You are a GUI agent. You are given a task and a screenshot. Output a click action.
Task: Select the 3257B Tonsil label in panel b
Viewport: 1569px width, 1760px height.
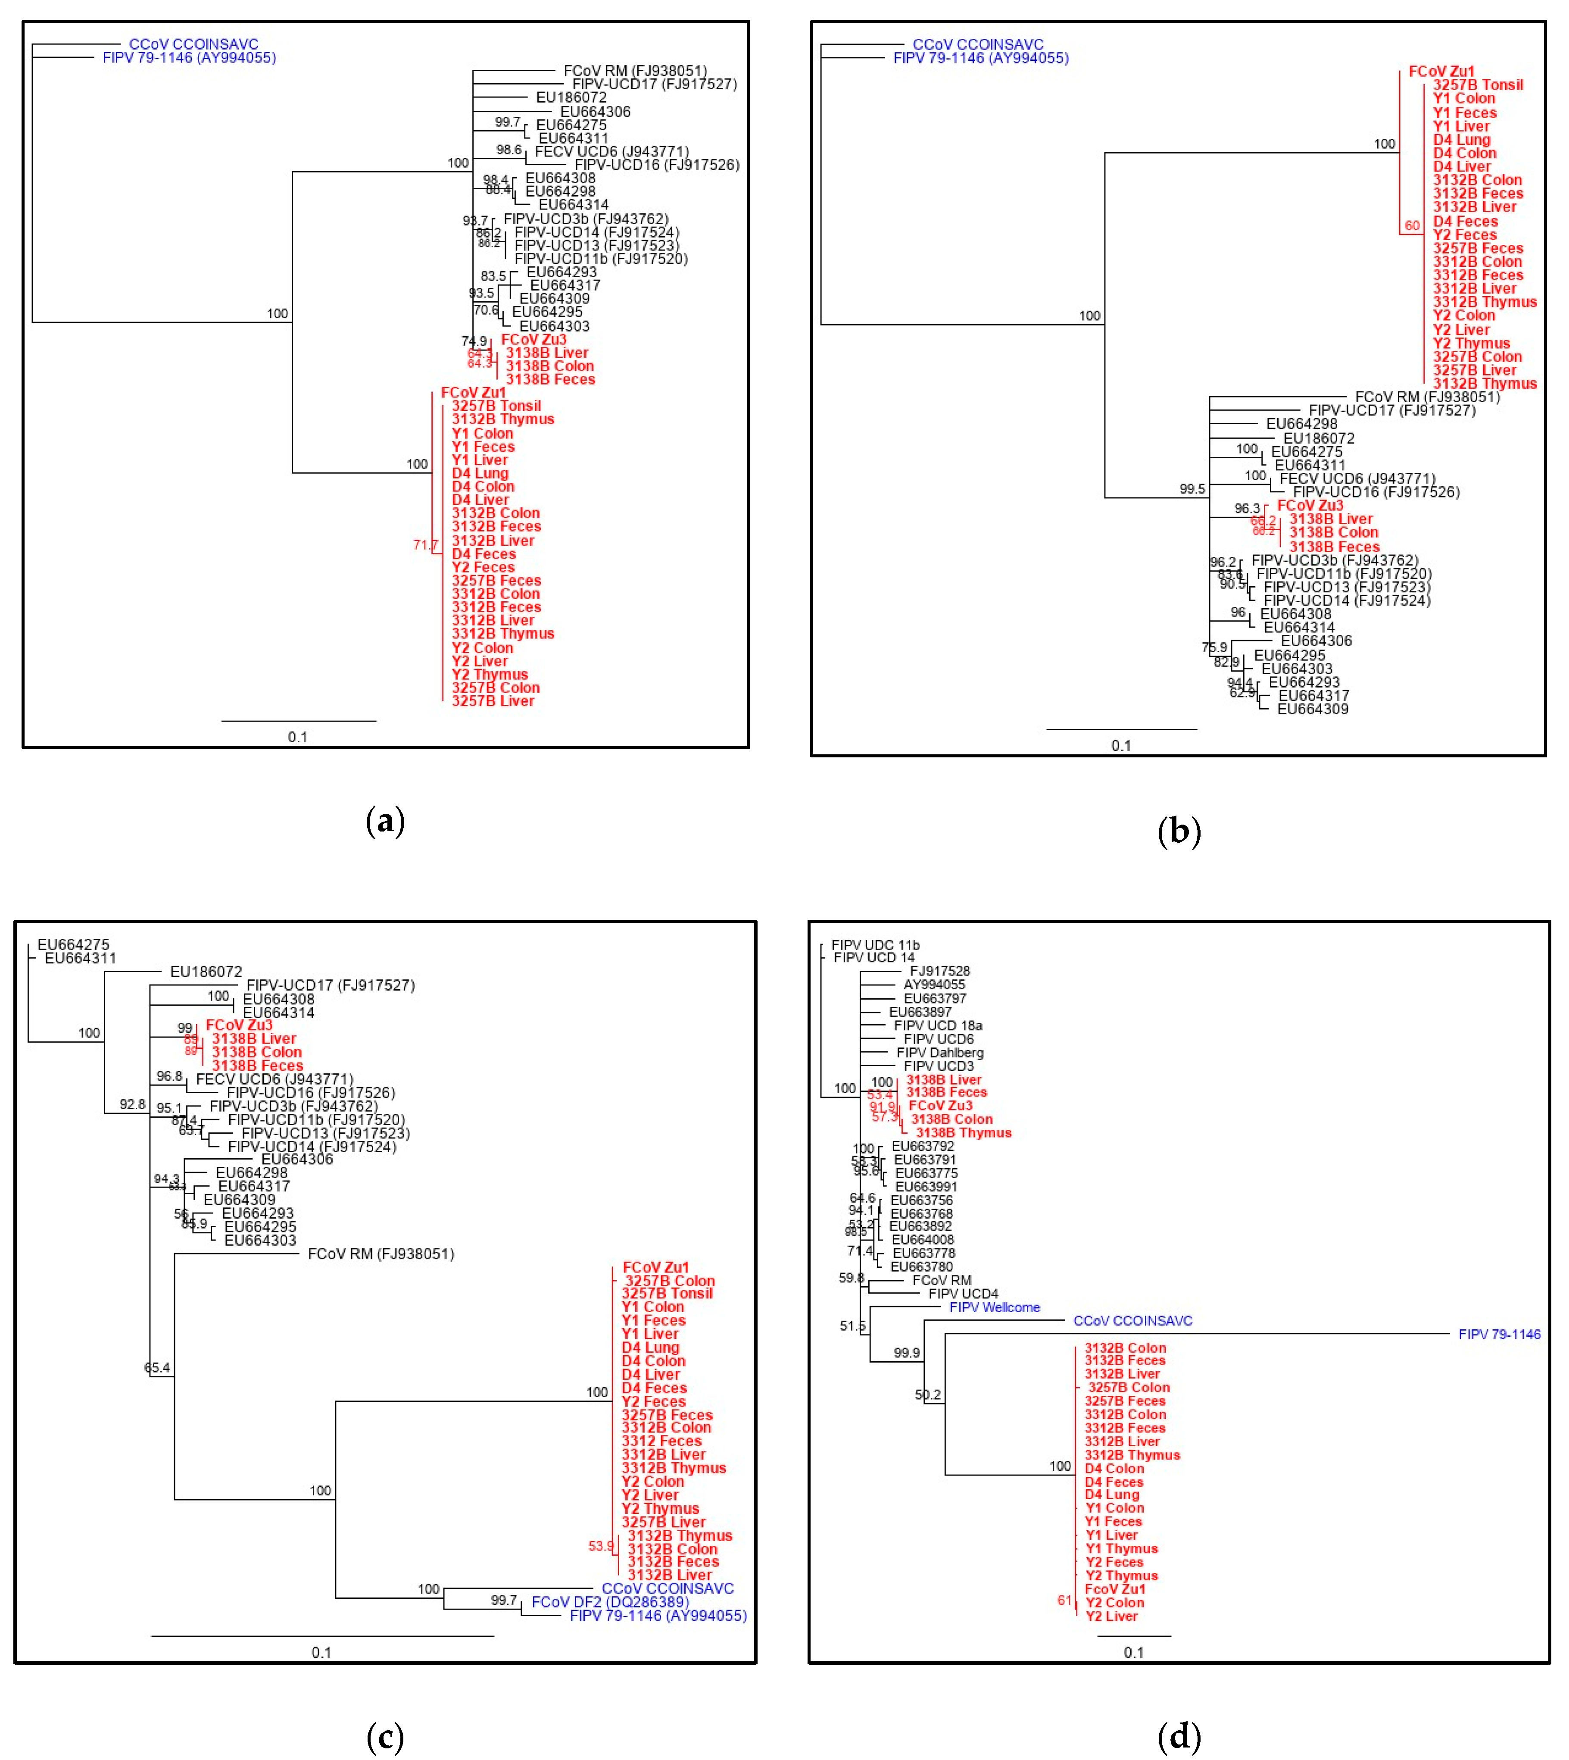pyautogui.click(x=1478, y=84)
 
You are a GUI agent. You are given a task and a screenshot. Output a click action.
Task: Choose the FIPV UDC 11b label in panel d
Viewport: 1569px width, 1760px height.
pyautogui.click(x=875, y=945)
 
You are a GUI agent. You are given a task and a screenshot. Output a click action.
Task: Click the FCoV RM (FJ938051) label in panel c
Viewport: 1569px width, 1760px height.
pyautogui.click(x=380, y=1254)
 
